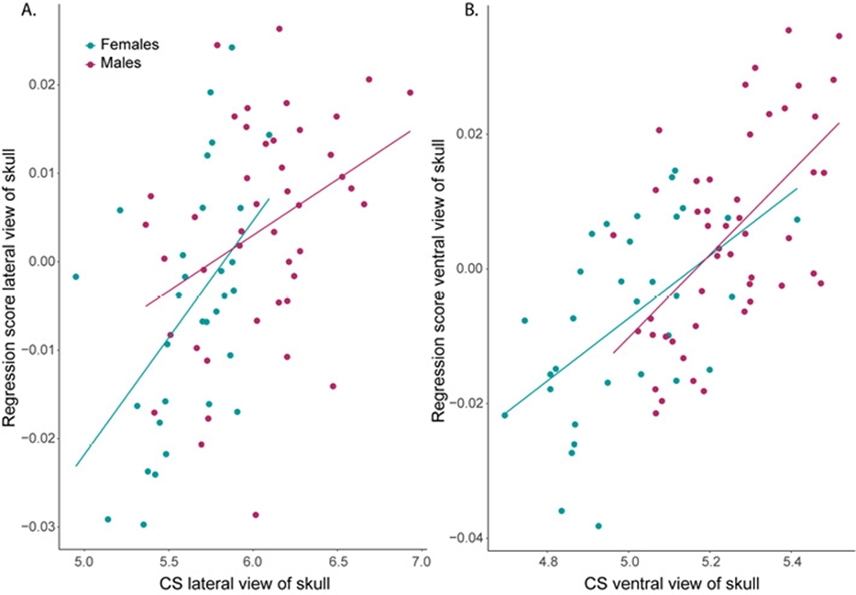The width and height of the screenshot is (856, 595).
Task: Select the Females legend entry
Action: [126, 44]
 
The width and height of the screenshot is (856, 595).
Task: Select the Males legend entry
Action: [120, 62]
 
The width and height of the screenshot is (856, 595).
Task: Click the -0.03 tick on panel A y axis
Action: [37, 526]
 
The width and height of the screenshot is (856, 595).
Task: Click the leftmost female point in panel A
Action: [76, 276]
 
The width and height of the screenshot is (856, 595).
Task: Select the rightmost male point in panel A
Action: [410, 93]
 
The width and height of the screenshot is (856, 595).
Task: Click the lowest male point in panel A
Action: [256, 515]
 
